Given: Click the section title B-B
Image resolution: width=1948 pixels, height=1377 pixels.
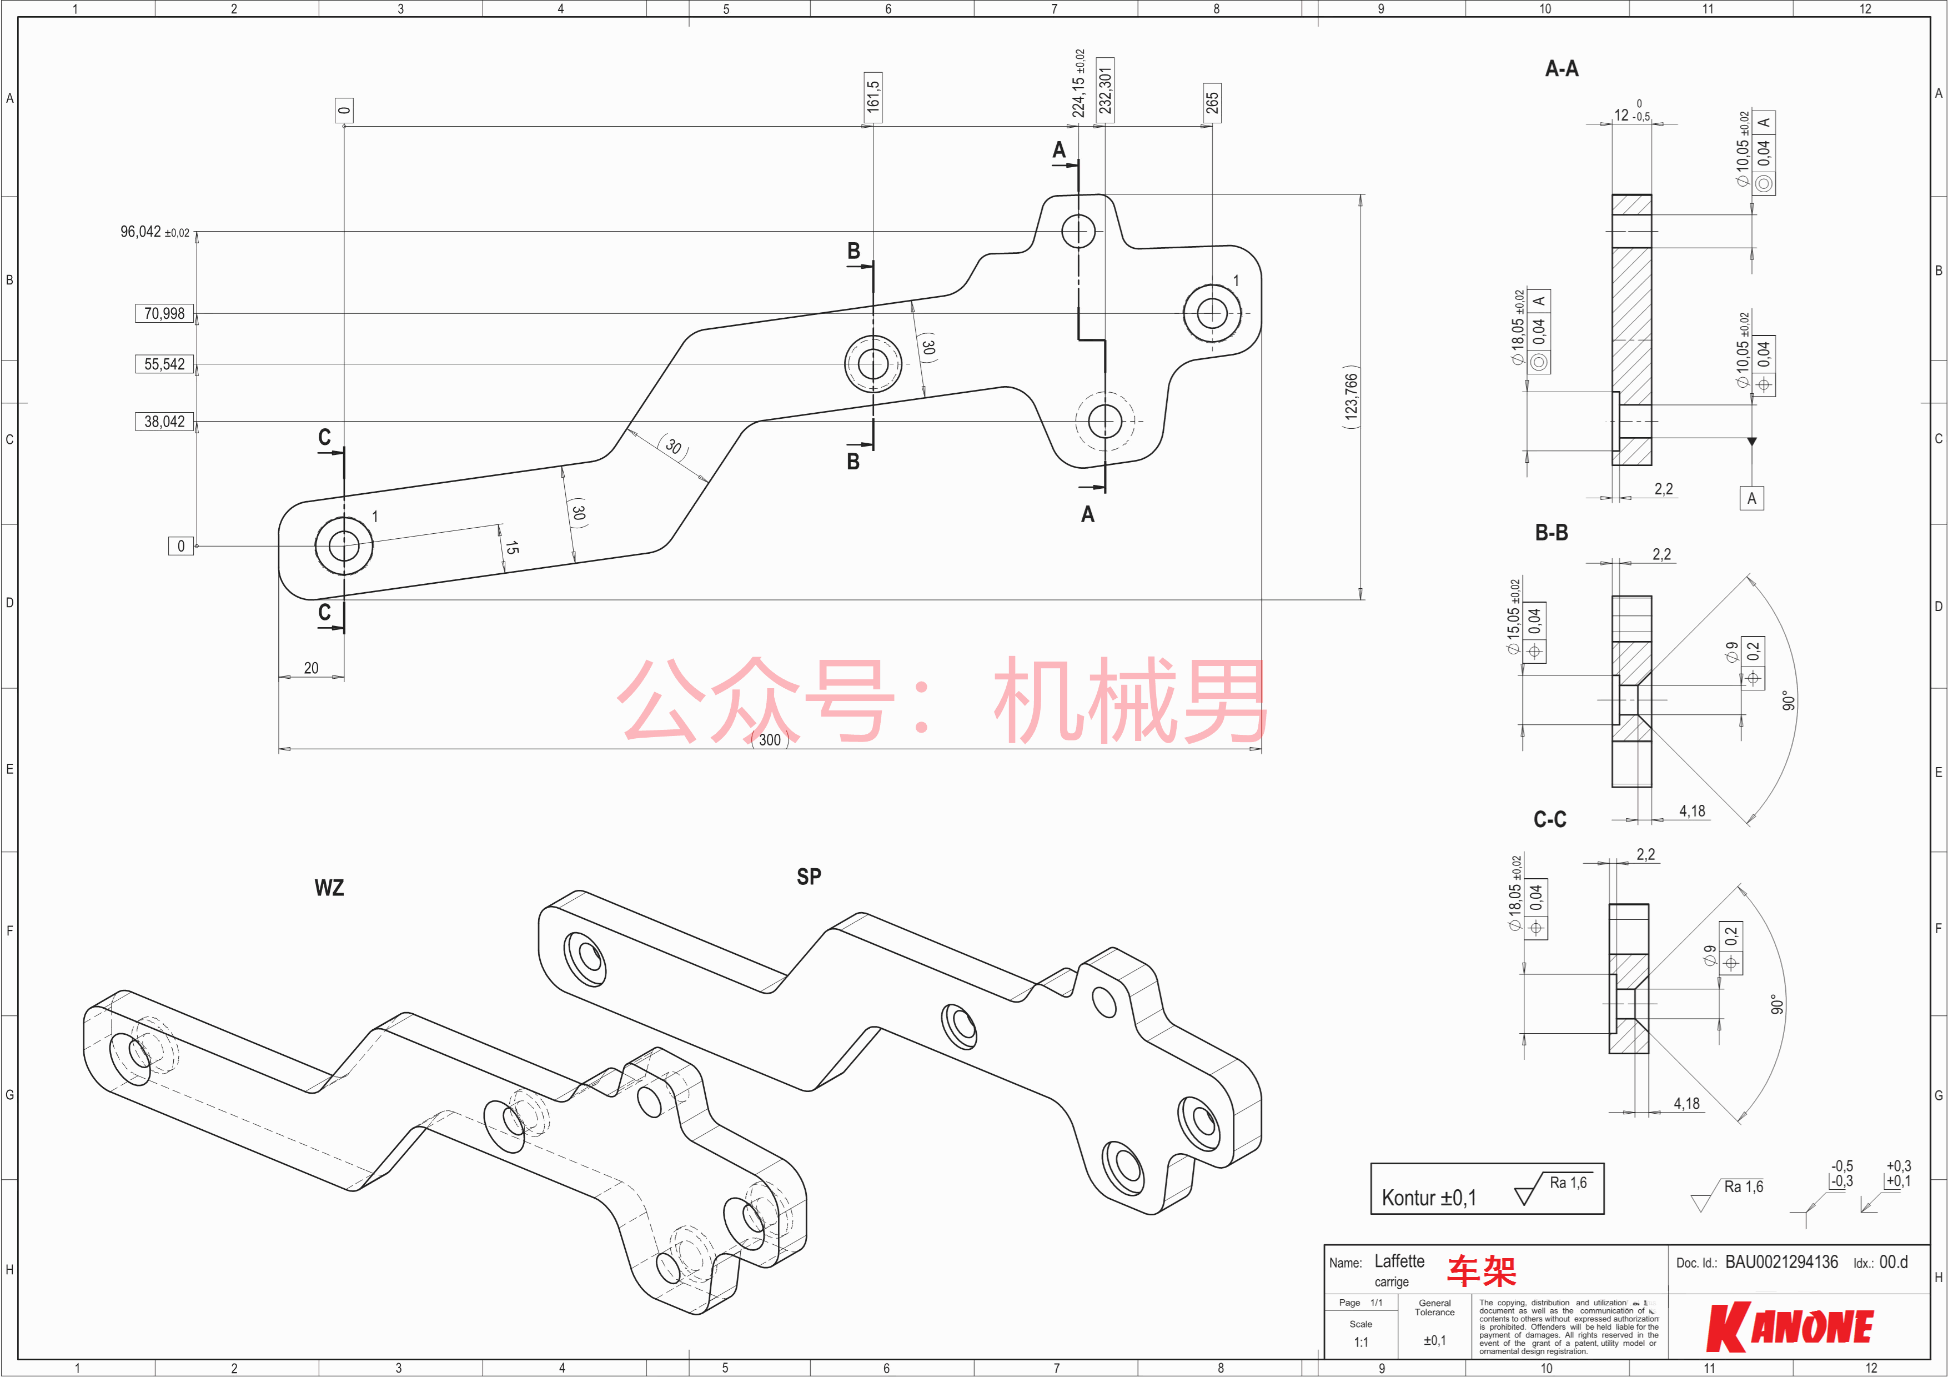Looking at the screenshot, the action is tap(1551, 533).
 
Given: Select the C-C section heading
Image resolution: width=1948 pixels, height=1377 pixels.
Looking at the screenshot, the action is tap(1549, 819).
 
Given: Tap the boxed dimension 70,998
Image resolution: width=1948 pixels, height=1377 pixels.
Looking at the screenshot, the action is tap(164, 314).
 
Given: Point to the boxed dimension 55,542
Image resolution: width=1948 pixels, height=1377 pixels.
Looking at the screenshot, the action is tap(164, 364).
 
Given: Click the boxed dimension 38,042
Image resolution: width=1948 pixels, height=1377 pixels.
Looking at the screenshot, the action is tap(164, 422).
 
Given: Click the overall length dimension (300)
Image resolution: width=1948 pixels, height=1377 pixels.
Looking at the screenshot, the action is tap(770, 740).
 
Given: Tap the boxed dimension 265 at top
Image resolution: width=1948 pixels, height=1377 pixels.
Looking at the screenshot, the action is tap(1212, 103).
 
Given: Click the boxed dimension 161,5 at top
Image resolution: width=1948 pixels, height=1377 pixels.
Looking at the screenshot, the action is tap(873, 97).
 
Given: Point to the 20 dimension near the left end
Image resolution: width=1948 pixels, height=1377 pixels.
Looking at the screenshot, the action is tap(312, 669).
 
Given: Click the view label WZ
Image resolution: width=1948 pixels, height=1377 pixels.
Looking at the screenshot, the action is tap(329, 888).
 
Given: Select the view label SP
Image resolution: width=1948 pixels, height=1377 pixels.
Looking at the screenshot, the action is tap(809, 877).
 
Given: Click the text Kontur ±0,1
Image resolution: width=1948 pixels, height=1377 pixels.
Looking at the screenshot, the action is tap(1429, 1198).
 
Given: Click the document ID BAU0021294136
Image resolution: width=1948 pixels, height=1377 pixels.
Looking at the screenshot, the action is tap(1782, 1263).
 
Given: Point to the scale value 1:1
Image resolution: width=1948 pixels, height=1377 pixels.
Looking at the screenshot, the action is tap(1361, 1342).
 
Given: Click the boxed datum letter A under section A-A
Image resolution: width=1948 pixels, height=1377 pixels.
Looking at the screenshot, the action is tap(1752, 498).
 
